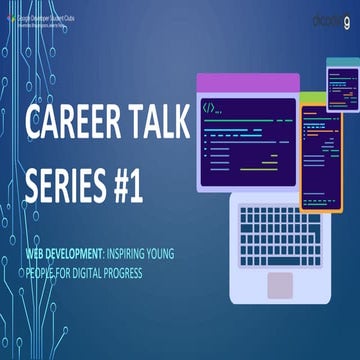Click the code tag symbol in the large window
coord(208,106)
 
